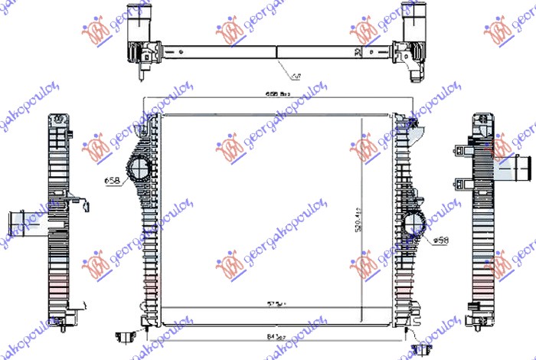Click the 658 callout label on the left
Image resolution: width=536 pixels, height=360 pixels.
(x=112, y=181)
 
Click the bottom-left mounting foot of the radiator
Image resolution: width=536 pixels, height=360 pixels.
(x=126, y=334)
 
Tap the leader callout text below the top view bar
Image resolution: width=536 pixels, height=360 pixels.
(x=297, y=75)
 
